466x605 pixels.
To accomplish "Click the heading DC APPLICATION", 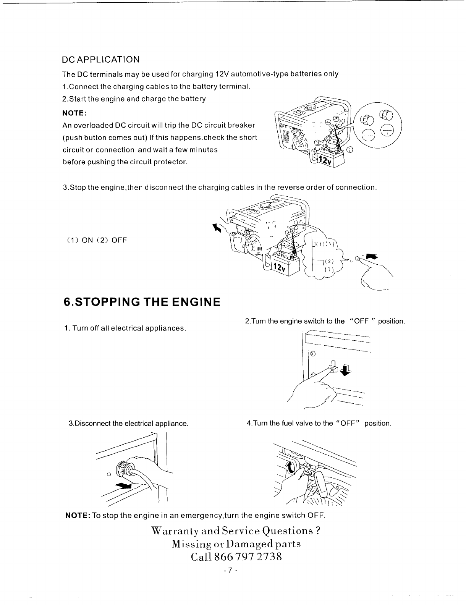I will pos(101,60).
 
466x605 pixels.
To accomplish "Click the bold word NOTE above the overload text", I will pos(74,113).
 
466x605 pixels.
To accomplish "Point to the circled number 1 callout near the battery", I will pos(350,149).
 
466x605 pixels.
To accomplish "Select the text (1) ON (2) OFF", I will pos(97,240).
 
